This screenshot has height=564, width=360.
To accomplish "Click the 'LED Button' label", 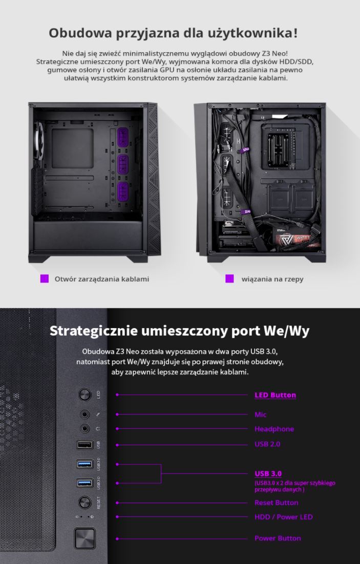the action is click(275, 395).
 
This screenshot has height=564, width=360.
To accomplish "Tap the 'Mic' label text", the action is click(260, 415).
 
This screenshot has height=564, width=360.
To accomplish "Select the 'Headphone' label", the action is click(274, 429).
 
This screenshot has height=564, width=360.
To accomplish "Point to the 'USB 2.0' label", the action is click(267, 444).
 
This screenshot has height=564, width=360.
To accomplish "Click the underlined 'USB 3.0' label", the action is click(268, 473).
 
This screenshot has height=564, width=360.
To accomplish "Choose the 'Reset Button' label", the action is click(276, 503).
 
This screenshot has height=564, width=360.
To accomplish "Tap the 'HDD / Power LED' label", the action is click(283, 517).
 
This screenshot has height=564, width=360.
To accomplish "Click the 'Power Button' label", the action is click(278, 538).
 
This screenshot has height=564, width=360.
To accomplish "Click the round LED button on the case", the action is click(85, 395).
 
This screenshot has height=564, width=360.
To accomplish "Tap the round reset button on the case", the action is click(85, 502).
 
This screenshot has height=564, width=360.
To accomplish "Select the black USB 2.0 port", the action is click(85, 445).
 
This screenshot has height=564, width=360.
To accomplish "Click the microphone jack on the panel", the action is click(85, 415).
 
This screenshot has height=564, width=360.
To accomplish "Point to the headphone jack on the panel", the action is click(85, 428).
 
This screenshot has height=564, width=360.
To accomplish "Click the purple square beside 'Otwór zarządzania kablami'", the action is click(44, 279).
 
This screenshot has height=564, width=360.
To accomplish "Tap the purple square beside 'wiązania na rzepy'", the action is click(229, 279).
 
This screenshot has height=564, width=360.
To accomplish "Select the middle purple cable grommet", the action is click(123, 165).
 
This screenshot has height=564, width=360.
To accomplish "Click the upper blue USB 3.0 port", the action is click(85, 464).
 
